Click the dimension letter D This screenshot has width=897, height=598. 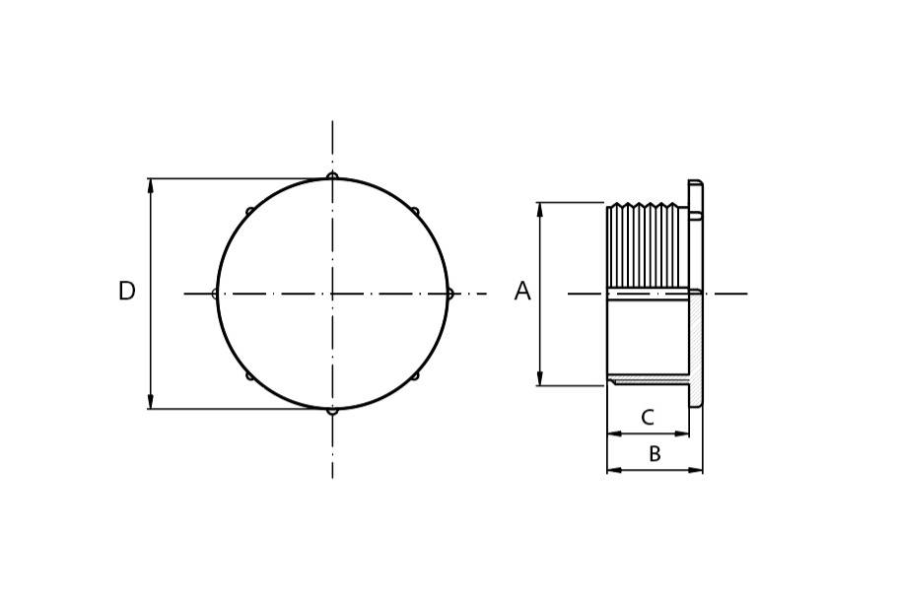126,291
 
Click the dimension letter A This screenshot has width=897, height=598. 522,291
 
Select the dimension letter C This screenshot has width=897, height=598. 647,418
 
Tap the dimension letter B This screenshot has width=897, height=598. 655,454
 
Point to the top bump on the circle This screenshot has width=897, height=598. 332,175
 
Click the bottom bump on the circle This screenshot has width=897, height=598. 332,411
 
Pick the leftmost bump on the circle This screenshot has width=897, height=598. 215,294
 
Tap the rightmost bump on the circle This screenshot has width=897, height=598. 449,294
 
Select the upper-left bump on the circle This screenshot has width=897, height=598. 249,211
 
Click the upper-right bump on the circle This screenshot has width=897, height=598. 415,212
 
